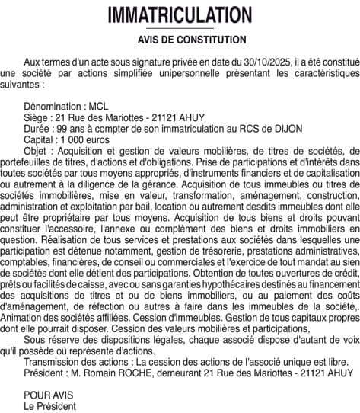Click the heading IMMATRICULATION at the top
coord(180,15)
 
